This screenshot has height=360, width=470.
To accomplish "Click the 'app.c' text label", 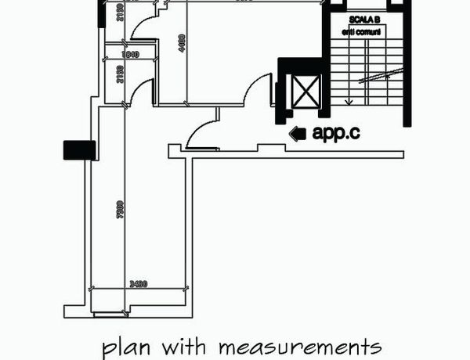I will click(x=336, y=133).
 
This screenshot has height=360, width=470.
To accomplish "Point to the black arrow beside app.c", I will click(x=297, y=134).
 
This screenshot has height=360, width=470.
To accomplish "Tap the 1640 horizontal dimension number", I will click(x=130, y=55).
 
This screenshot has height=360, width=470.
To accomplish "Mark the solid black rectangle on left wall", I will click(x=78, y=149).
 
